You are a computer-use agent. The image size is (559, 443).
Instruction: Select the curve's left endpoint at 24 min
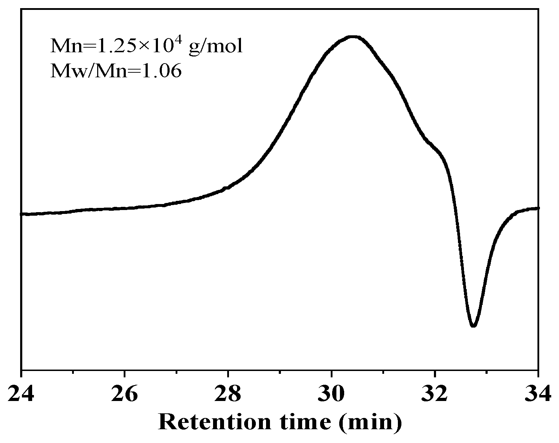pyautogui.click(x=22, y=214)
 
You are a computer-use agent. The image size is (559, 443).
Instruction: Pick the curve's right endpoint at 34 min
pyautogui.click(x=537, y=208)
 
